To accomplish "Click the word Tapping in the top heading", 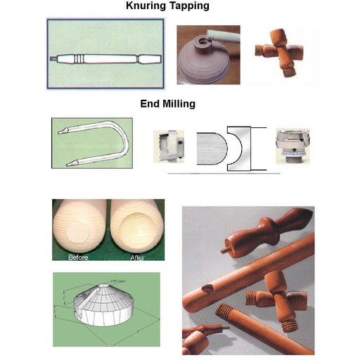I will coord(189,6).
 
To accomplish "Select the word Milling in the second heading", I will coord(180,104).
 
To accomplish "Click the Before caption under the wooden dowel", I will coord(78,257).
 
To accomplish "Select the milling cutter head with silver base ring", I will coord(291,148).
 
